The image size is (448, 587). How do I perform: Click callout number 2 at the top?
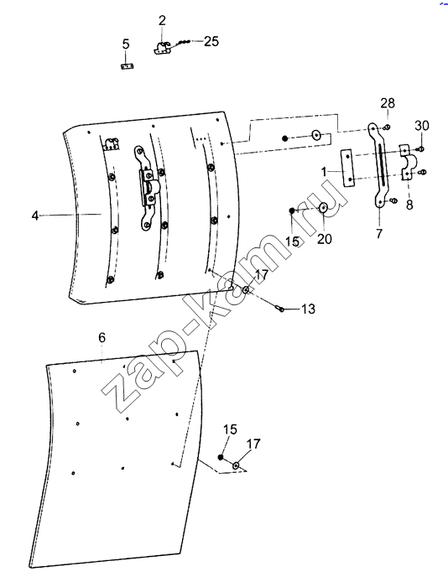pos(161,21)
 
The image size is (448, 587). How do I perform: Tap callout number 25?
pos(211,41)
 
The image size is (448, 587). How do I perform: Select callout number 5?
pos(126,44)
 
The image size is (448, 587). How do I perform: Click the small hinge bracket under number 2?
pos(162,49)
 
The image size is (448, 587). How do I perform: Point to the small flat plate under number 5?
pos(127,66)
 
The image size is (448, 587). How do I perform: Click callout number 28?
pos(388,103)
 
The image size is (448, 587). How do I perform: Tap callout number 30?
pos(422,126)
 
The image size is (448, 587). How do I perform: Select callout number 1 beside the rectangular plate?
pos(324,172)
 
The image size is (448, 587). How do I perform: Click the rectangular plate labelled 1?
pos(348,169)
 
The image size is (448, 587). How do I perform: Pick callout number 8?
pos(409,205)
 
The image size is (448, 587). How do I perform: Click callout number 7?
pos(379,234)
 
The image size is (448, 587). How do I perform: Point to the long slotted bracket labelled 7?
pos(378,165)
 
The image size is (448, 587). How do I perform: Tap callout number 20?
pos(325,238)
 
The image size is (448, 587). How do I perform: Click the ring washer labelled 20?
pos(323,208)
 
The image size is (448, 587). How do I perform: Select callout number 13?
pos(308,309)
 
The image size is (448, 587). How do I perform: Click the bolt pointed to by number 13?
pos(279,308)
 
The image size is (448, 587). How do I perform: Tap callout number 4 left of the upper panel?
pos(35,216)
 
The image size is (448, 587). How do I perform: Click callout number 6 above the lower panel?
pos(102,338)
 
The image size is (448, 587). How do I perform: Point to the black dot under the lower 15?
pos(221,457)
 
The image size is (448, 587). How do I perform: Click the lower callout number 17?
pos(253,444)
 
